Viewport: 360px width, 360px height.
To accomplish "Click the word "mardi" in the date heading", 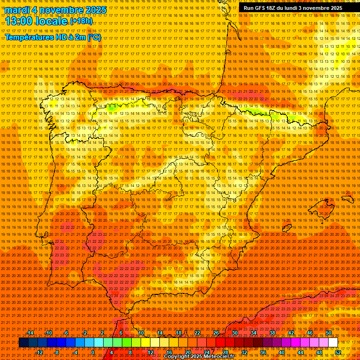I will [17, 10].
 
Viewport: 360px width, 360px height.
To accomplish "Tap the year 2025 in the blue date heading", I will [94, 10].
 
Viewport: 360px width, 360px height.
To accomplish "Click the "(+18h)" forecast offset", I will [81, 22].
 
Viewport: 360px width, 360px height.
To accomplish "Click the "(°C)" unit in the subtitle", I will [94, 37].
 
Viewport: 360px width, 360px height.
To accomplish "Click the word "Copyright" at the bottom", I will [178, 357].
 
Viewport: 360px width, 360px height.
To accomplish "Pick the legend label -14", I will [30, 333].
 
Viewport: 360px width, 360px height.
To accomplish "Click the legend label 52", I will [337, 352].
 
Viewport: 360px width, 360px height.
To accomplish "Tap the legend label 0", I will [93, 352].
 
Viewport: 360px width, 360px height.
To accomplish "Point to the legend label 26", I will [216, 333].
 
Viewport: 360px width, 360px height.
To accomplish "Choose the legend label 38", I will [272, 333].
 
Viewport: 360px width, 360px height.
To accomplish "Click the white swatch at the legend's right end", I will [333, 343].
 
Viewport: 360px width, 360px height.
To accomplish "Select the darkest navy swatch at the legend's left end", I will [23, 343].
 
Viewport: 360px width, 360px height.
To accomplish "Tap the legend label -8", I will [56, 352].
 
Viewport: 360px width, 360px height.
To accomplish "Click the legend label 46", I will [309, 333].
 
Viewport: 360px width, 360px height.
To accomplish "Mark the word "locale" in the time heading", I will [51, 21].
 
